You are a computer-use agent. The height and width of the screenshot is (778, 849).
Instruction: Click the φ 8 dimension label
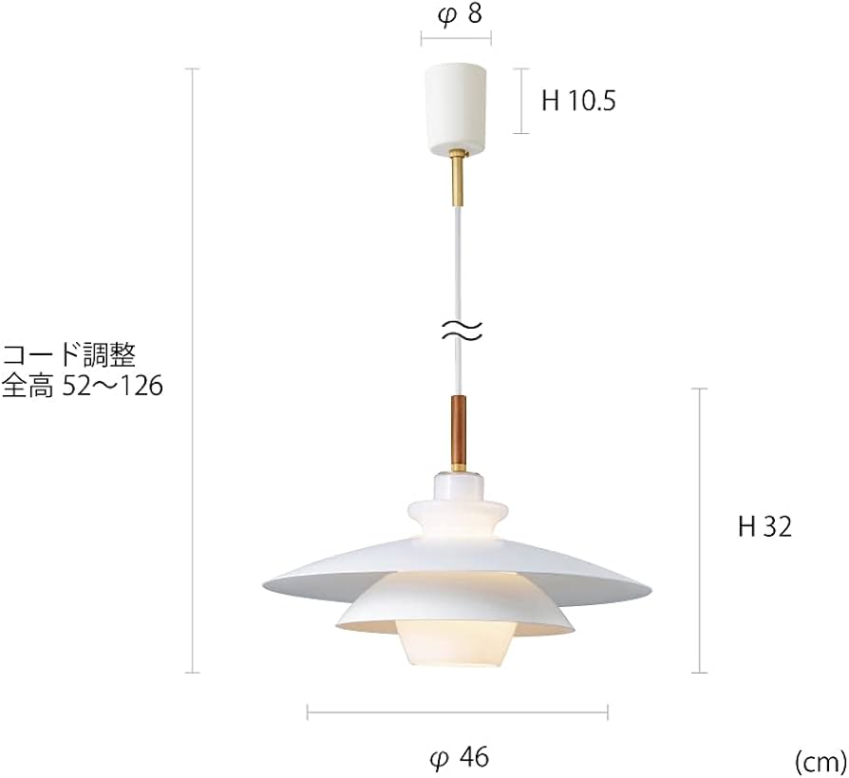pyautogui.click(x=457, y=15)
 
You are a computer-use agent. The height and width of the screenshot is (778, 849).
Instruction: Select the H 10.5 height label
pyautogui.click(x=577, y=101)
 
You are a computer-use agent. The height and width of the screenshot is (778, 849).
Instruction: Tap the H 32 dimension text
pyautogui.click(x=764, y=527)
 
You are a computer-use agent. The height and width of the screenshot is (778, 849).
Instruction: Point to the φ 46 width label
pyautogui.click(x=459, y=756)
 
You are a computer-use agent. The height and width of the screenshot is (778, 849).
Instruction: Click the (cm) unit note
pyautogui.click(x=819, y=760)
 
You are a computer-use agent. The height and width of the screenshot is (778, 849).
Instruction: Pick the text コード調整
pyautogui.click(x=69, y=356)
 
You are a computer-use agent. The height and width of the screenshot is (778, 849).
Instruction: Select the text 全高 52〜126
pyautogui.click(x=83, y=387)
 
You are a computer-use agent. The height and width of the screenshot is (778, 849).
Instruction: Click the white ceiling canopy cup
pyautogui.click(x=457, y=106)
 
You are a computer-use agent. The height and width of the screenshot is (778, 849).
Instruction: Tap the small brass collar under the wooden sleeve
pyautogui.click(x=458, y=467)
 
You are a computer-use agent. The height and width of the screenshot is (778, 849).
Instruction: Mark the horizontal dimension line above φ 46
pyautogui.click(x=458, y=711)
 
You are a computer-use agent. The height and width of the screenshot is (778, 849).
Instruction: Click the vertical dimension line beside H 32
pyautogui.click(x=701, y=530)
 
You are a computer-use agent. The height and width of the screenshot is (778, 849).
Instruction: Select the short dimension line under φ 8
pyautogui.click(x=457, y=39)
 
